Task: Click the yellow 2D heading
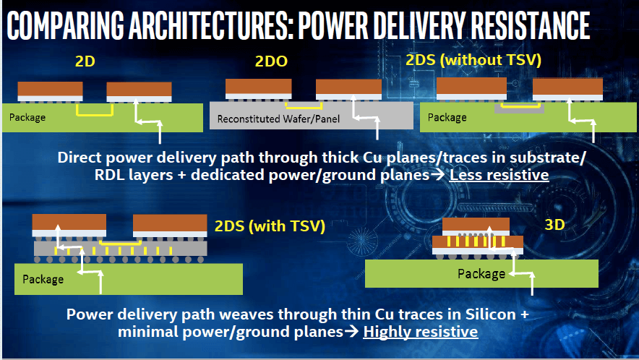coord(85,61)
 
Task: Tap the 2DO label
coord(271,61)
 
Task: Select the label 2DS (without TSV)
coord(473,60)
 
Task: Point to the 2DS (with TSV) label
coord(270,226)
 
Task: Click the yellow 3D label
coord(554,225)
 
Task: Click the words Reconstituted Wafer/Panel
coord(278,119)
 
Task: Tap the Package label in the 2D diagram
coord(27,117)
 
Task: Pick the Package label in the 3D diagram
coord(481,273)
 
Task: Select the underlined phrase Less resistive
coord(499,175)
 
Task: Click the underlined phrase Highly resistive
coord(421,332)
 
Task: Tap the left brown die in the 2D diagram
coord(50,89)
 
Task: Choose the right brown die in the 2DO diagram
coord(349,87)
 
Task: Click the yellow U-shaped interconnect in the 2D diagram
coord(95,111)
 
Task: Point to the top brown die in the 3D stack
coord(476,224)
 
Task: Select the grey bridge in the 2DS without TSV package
coord(519,108)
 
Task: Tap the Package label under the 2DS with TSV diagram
coord(43,279)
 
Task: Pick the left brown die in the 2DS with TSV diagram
coord(69,222)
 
